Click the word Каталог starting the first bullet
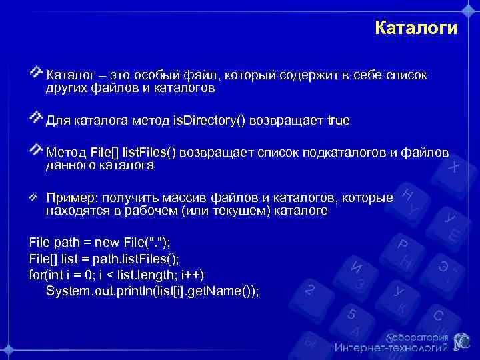pos(69,75)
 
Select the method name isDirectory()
pos(209,121)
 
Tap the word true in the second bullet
pos(338,121)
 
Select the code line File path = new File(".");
pos(103,241)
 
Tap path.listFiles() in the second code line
pos(133,258)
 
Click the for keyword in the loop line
pos(37,275)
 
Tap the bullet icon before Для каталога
pos(37,118)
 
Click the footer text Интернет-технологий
pos(391,348)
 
